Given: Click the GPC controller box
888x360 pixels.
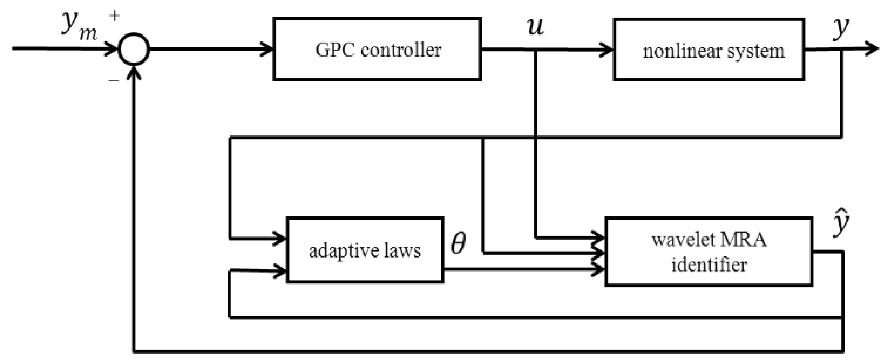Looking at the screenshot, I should tap(377, 49).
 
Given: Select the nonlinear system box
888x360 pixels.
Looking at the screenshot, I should tap(709, 50).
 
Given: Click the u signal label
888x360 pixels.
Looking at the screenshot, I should tap(535, 27).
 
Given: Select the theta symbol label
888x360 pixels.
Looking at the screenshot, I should tap(459, 243).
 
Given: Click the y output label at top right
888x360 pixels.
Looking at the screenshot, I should tap(840, 28).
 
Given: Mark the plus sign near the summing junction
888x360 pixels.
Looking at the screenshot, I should tap(114, 16).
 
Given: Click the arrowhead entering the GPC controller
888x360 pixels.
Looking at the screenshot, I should tap(267, 49).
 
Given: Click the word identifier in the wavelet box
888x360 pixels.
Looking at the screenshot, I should tap(709, 265).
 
